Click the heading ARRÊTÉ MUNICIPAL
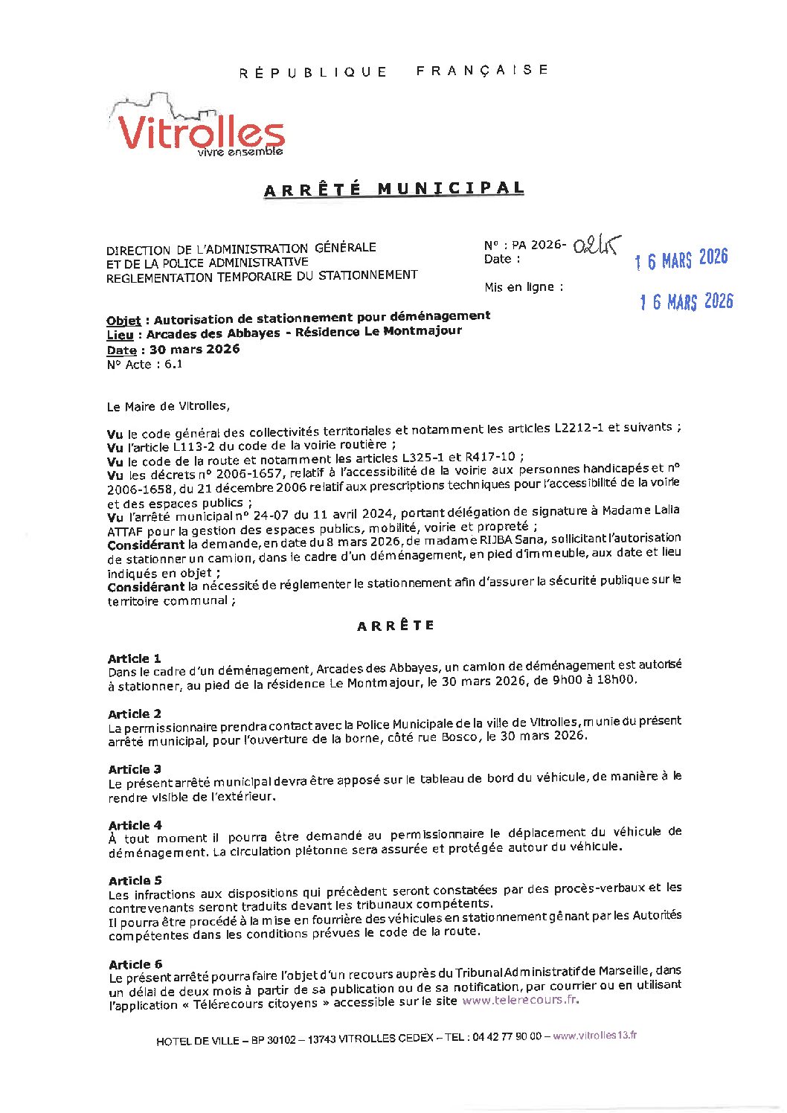point(394,189)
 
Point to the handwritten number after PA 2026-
point(597,246)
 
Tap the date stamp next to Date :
point(681,260)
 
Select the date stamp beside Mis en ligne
point(686,302)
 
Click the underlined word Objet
point(123,321)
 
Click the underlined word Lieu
point(120,336)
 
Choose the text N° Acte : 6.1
point(144,365)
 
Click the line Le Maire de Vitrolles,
point(168,406)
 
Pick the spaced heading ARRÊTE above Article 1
point(396,626)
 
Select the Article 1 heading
point(135,658)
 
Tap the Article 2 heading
point(135,714)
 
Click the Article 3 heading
point(135,769)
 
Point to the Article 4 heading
point(135,825)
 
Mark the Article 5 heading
point(135,881)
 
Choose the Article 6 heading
point(135,964)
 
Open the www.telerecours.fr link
point(520,1000)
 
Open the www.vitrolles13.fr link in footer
point(594,1036)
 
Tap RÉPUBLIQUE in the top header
point(313,72)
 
